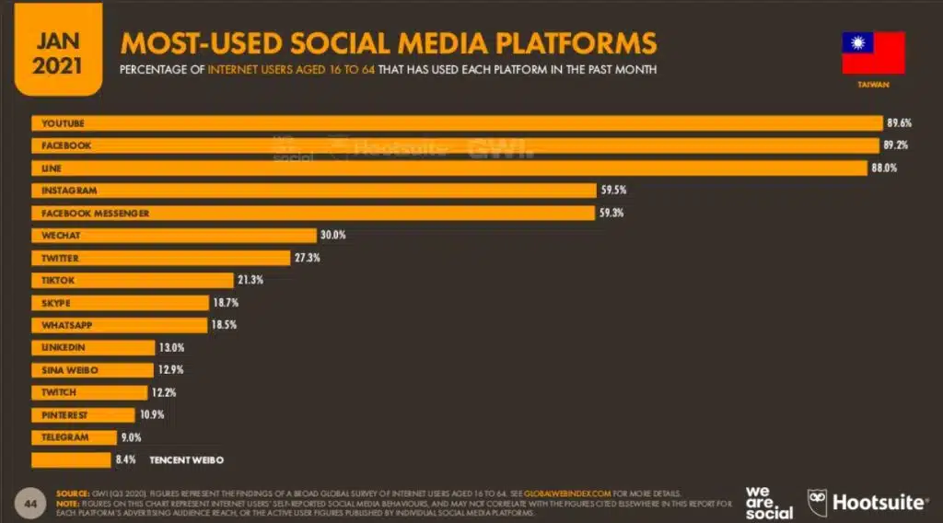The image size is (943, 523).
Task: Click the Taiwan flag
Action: pyautogui.click(x=873, y=52)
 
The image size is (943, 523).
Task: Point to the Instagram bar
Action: pyautogui.click(x=313, y=191)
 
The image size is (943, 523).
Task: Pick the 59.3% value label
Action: pyautogui.click(x=613, y=213)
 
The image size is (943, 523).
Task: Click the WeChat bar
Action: pyautogui.click(x=174, y=236)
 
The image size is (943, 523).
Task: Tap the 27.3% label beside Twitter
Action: pyautogui.click(x=307, y=258)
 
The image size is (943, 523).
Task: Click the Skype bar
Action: pyautogui.click(x=120, y=303)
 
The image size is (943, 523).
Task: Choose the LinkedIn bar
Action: pyautogui.click(x=93, y=348)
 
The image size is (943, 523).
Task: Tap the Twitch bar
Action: pyautogui.click(x=91, y=392)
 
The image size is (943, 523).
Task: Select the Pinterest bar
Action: pyautogui.click(x=83, y=415)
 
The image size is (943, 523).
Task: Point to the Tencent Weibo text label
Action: pyautogui.click(x=187, y=459)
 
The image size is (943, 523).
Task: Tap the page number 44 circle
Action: pyautogui.click(x=30, y=503)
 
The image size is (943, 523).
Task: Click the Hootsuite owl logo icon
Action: pyautogui.click(x=818, y=503)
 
